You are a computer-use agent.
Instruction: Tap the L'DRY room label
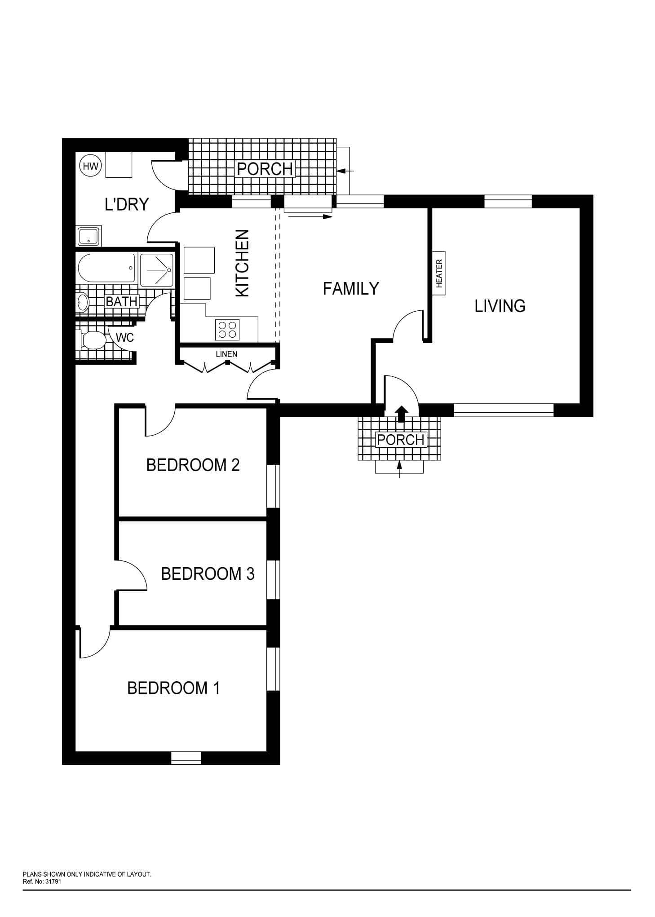click(x=127, y=204)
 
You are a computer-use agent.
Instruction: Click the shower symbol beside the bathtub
click(x=156, y=270)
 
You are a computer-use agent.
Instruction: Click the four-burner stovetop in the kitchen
click(x=227, y=330)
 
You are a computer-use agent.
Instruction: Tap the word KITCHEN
click(x=243, y=263)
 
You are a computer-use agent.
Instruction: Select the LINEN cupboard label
click(x=226, y=354)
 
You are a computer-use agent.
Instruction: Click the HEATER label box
click(x=439, y=273)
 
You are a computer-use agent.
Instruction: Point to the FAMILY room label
click(x=351, y=288)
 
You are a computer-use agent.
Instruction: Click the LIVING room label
click(x=500, y=306)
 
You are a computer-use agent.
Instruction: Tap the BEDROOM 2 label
click(x=193, y=465)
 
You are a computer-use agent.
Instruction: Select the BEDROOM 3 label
click(x=208, y=574)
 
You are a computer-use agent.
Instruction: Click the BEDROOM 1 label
click(x=173, y=688)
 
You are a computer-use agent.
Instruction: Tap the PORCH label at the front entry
click(x=401, y=440)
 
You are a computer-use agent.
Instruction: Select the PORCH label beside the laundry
click(x=265, y=169)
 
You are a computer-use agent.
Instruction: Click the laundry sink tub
click(x=89, y=236)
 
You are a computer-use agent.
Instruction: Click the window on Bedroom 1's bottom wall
click(x=186, y=758)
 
